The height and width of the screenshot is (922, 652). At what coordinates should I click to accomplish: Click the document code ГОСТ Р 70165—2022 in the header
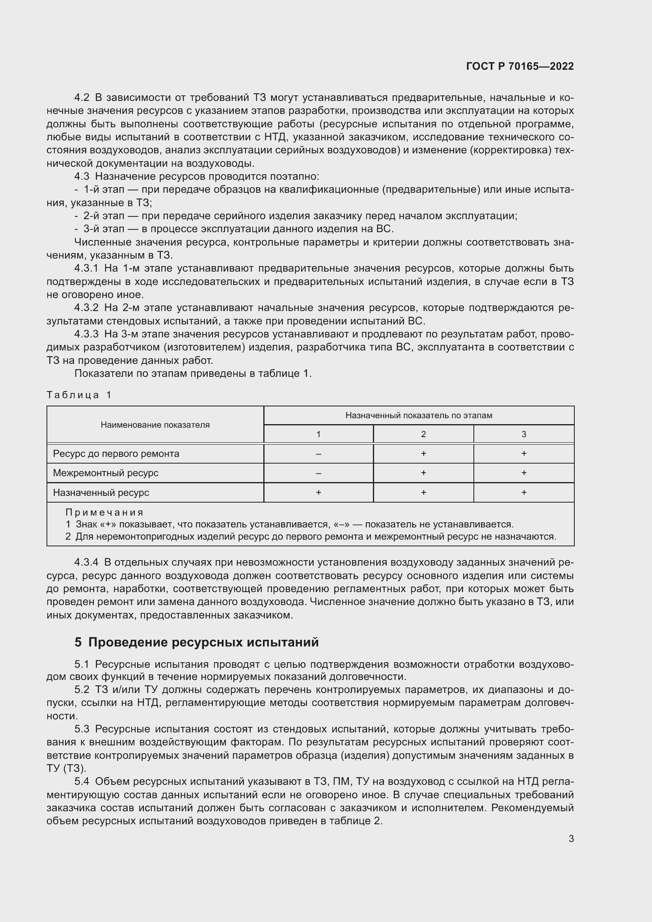click(x=520, y=66)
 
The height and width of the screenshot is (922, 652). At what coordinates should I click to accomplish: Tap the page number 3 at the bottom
click(x=571, y=838)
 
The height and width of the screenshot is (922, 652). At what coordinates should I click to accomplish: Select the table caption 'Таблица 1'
click(x=79, y=395)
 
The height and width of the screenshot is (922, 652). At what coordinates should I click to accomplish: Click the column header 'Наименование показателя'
click(x=155, y=425)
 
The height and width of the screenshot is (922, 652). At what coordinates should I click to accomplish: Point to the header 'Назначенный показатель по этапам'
click(x=419, y=415)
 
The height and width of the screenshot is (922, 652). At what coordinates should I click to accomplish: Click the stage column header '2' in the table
click(x=423, y=434)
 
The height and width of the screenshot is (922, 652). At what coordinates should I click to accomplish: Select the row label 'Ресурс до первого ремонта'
click(x=116, y=453)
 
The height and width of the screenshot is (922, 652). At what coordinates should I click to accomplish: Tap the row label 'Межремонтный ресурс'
click(x=106, y=473)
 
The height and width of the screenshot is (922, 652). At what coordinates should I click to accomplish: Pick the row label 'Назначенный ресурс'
click(x=101, y=492)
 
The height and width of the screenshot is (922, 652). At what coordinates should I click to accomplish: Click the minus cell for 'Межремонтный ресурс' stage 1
click(x=319, y=473)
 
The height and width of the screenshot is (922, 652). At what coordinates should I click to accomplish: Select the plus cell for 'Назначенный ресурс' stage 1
click(x=319, y=492)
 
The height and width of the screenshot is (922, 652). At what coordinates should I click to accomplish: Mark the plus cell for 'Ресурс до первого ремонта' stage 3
click(x=523, y=453)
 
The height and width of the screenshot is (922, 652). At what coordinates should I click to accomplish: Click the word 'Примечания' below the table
click(x=104, y=512)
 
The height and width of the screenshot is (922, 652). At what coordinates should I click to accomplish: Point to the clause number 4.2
click(x=82, y=98)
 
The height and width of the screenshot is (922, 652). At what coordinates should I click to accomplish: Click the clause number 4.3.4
click(x=86, y=562)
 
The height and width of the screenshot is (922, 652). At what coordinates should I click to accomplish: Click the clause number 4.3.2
click(x=86, y=308)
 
